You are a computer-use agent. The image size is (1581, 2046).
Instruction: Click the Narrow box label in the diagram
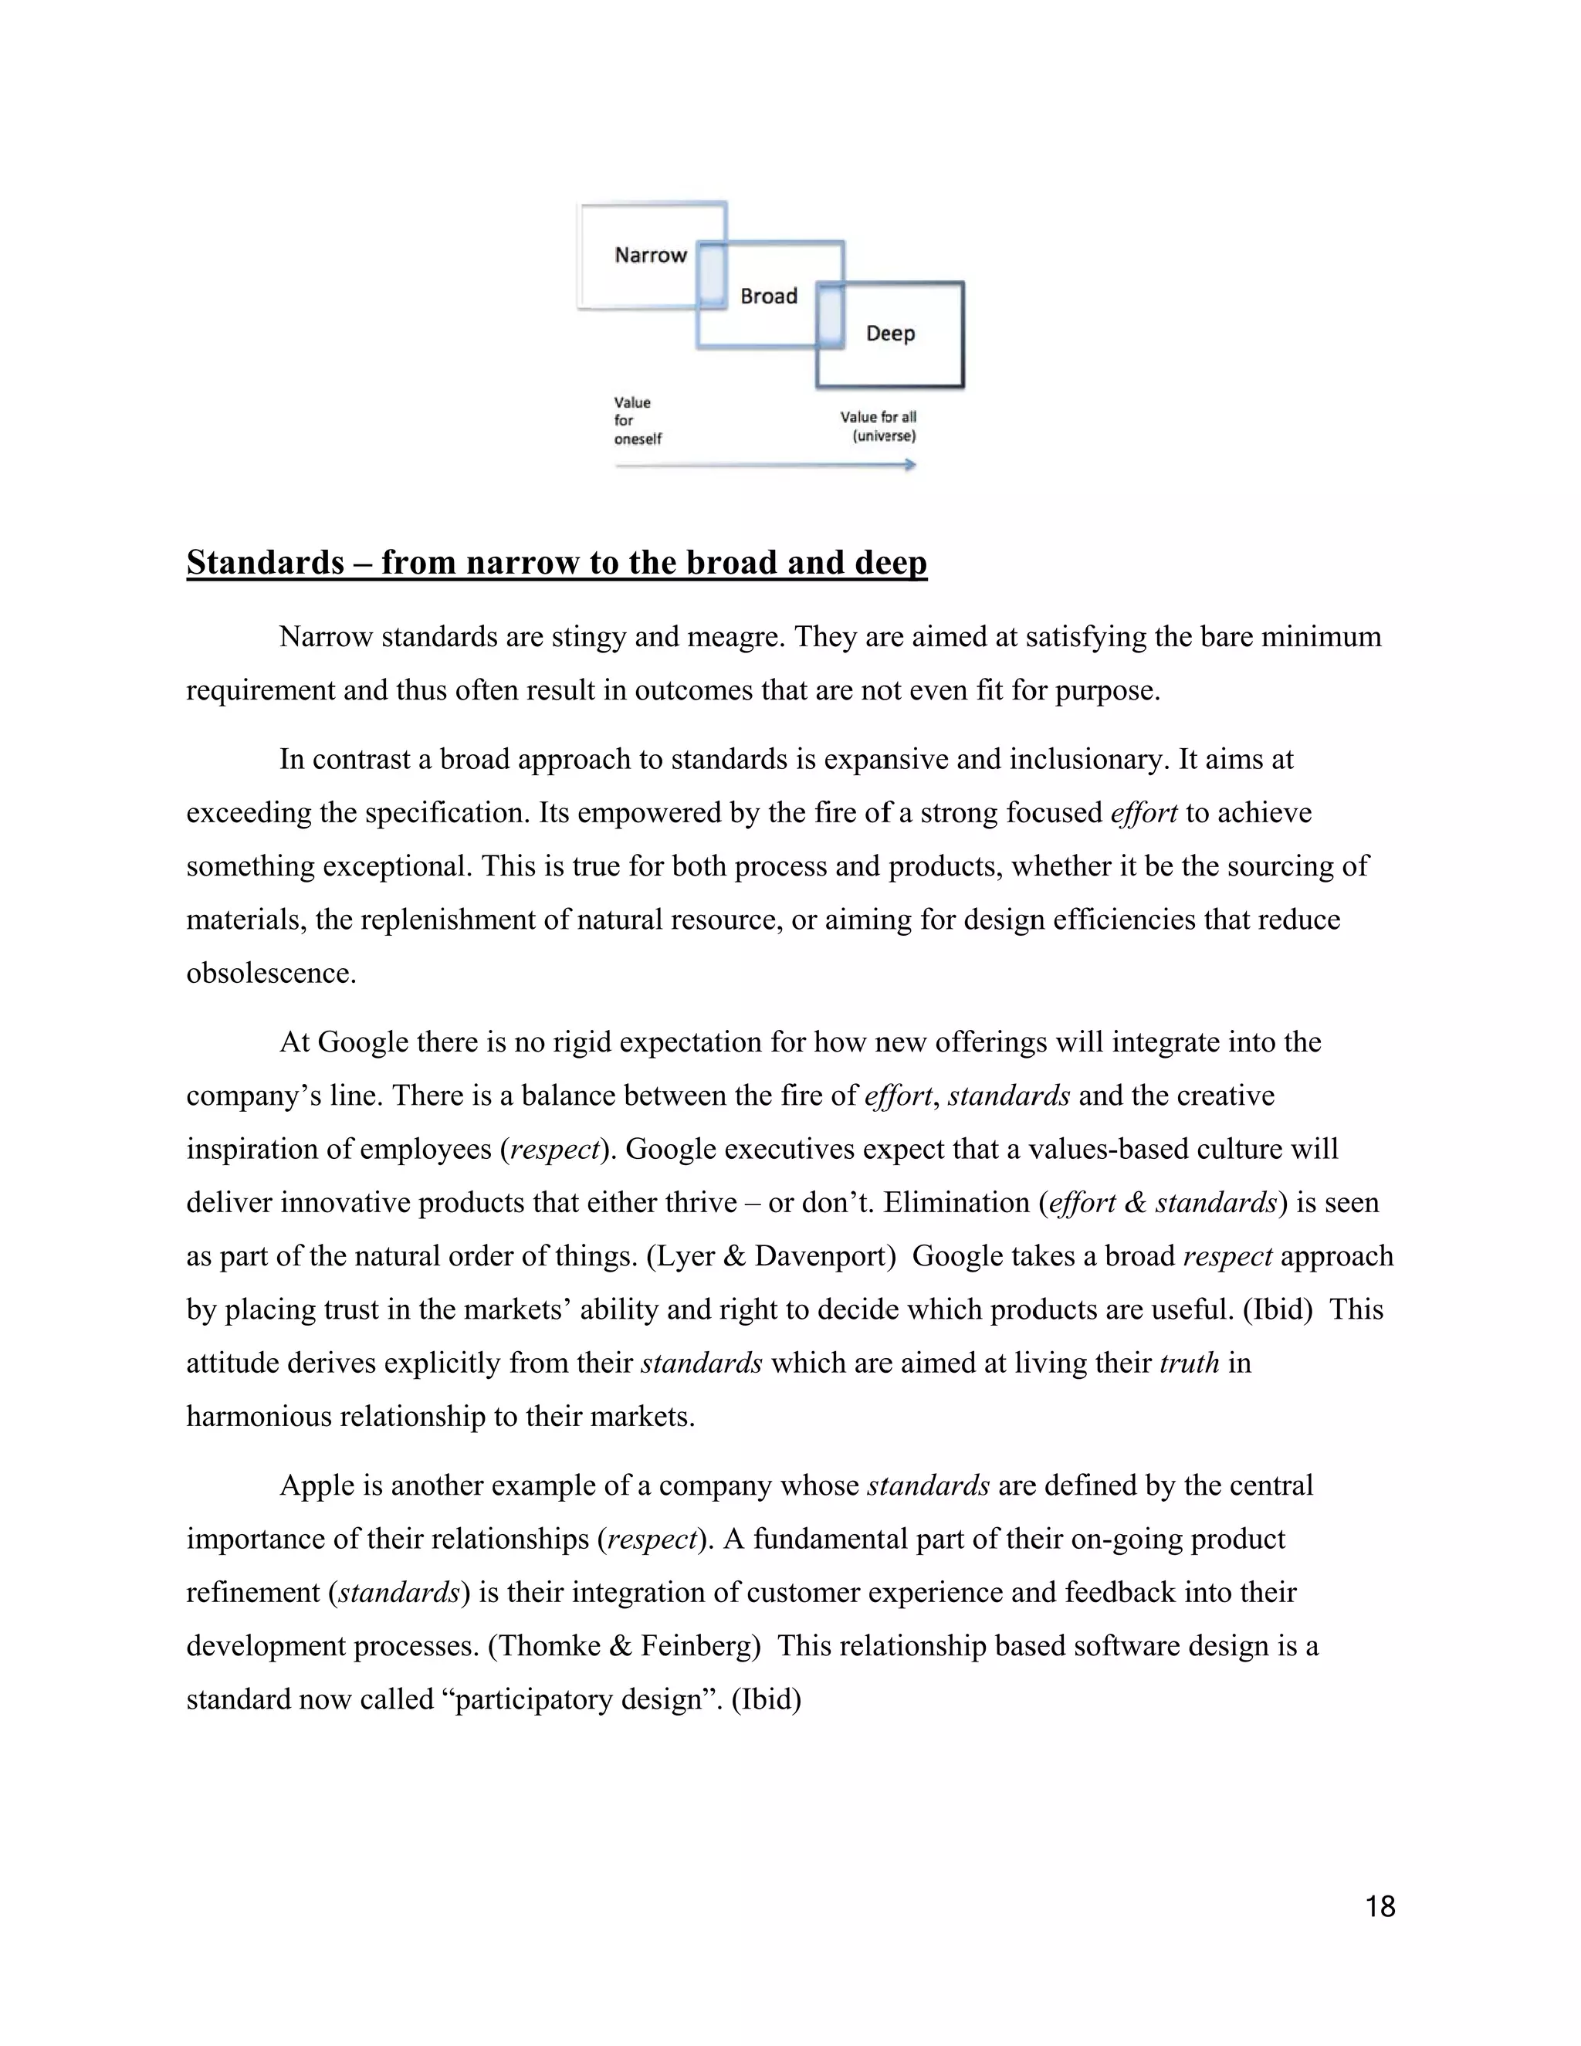[x=650, y=255]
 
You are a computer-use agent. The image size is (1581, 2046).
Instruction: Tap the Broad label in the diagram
[x=768, y=296]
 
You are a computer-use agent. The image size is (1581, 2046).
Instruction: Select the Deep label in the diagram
[x=890, y=334]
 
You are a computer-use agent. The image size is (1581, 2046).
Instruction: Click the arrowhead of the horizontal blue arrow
[x=909, y=465]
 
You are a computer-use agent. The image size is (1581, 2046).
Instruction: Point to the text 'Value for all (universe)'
[x=879, y=426]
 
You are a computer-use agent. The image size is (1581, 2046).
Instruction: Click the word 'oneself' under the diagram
[x=638, y=439]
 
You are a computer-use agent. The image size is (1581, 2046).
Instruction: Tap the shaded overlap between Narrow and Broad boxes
[x=713, y=275]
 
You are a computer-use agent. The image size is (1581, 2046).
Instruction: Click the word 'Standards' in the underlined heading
[x=265, y=562]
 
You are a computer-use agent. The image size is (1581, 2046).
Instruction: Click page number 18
[x=1380, y=1906]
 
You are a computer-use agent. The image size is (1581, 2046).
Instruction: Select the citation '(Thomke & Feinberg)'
[x=624, y=1646]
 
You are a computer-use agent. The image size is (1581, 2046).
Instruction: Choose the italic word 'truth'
[x=1189, y=1362]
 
